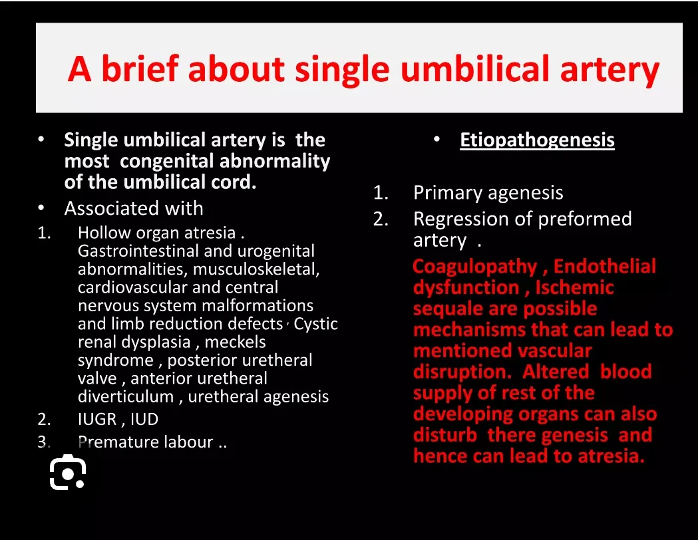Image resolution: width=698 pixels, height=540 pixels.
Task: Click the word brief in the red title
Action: pyautogui.click(x=140, y=69)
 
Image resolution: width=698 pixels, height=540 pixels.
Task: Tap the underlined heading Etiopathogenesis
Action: pyautogui.click(x=537, y=140)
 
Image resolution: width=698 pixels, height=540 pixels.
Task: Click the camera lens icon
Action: pyautogui.click(x=68, y=472)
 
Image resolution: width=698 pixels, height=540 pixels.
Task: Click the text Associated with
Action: pyautogui.click(x=134, y=208)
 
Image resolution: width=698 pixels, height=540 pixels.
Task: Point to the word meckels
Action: pyautogui.click(x=235, y=342)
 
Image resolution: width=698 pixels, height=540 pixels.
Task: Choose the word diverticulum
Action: pyautogui.click(x=126, y=396)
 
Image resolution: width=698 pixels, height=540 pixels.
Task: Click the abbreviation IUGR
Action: pyautogui.click(x=97, y=419)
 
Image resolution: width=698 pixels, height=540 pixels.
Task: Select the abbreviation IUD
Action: pyautogui.click(x=144, y=419)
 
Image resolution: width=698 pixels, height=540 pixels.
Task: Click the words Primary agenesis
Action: pyautogui.click(x=488, y=193)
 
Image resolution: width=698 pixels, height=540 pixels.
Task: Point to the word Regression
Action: pyautogui.click(x=473, y=219)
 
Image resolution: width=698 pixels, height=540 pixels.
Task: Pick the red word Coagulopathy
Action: pyautogui.click(x=475, y=267)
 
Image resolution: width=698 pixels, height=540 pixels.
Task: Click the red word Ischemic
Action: pyautogui.click(x=574, y=287)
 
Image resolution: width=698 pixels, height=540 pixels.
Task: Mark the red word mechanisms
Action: pyautogui.click(x=469, y=330)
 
